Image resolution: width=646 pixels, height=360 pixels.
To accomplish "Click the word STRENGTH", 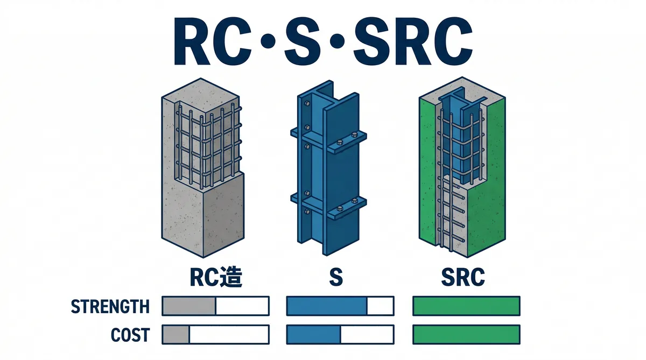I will [110, 307].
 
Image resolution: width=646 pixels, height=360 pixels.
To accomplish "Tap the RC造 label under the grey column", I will [215, 277].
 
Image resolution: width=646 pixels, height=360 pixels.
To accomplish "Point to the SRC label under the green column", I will [462, 277].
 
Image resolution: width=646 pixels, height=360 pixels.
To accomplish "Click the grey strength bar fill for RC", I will [188, 306].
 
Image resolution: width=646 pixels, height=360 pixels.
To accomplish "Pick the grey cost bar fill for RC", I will [176, 334].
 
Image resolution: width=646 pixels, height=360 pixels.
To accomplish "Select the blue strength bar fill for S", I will [326, 306].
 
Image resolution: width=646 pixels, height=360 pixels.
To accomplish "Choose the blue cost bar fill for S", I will [314, 334].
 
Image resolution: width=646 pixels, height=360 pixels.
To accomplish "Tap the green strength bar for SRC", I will [466, 306].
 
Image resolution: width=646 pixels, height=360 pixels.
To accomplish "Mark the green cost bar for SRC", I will [466, 334].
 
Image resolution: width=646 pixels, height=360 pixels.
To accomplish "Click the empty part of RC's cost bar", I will [229, 334].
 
